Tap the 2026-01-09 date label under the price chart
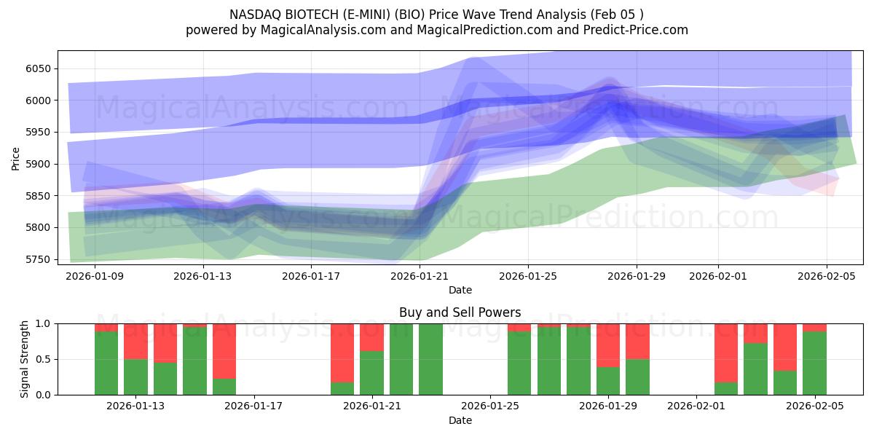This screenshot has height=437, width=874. pyautogui.click(x=95, y=277)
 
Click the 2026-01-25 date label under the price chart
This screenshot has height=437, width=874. pyautogui.click(x=528, y=277)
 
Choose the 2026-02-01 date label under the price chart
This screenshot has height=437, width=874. pyautogui.click(x=718, y=277)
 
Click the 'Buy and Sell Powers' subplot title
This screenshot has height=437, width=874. pyautogui.click(x=460, y=312)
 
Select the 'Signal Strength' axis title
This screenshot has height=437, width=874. pyautogui.click(x=25, y=359)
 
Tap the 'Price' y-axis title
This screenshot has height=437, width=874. pyautogui.click(x=16, y=158)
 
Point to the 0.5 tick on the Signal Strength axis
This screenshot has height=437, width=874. pyautogui.click(x=43, y=359)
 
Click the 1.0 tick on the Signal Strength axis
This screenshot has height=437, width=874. pyautogui.click(x=43, y=323)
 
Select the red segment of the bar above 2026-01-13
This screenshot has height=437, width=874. pyautogui.click(x=135, y=341)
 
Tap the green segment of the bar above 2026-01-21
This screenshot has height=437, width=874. pyautogui.click(x=371, y=373)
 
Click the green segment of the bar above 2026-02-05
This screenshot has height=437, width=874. pyautogui.click(x=814, y=363)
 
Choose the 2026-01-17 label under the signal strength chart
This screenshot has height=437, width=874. pyautogui.click(x=254, y=406)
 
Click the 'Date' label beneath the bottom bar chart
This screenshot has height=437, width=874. pyautogui.click(x=460, y=420)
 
